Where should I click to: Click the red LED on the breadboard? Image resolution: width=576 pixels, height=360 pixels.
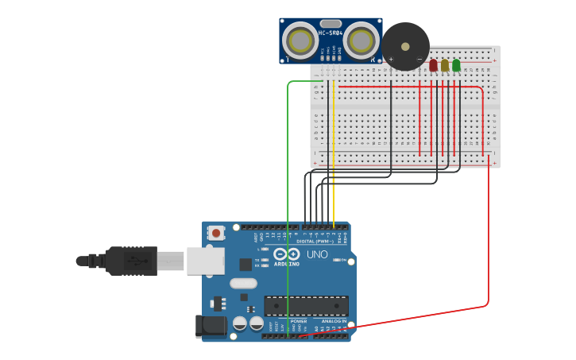(433, 65)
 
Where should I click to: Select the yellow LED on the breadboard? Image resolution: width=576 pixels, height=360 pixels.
(445, 65)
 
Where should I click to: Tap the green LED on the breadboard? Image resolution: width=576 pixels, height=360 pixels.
(456, 65)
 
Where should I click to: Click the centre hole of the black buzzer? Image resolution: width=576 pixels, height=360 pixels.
(405, 46)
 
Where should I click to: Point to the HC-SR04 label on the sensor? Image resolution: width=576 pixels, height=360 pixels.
(331, 33)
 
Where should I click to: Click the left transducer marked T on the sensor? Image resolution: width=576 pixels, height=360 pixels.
(300, 40)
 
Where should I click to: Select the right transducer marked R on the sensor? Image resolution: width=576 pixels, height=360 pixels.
(361, 40)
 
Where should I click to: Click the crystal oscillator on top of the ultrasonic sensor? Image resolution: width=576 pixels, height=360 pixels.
(331, 23)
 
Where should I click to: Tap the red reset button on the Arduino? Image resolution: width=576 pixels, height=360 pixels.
(215, 233)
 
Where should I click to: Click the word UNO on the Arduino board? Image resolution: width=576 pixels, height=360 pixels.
(317, 254)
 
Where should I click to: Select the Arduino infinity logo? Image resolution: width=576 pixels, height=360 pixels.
(287, 254)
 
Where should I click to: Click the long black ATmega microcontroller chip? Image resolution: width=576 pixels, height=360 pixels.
(306, 306)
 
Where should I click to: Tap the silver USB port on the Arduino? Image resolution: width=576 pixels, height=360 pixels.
(205, 261)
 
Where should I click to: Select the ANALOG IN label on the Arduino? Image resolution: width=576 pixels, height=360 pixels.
(334, 321)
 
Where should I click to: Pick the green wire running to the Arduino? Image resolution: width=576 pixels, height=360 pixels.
(288, 199)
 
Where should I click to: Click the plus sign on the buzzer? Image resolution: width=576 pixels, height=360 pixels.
(391, 59)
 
